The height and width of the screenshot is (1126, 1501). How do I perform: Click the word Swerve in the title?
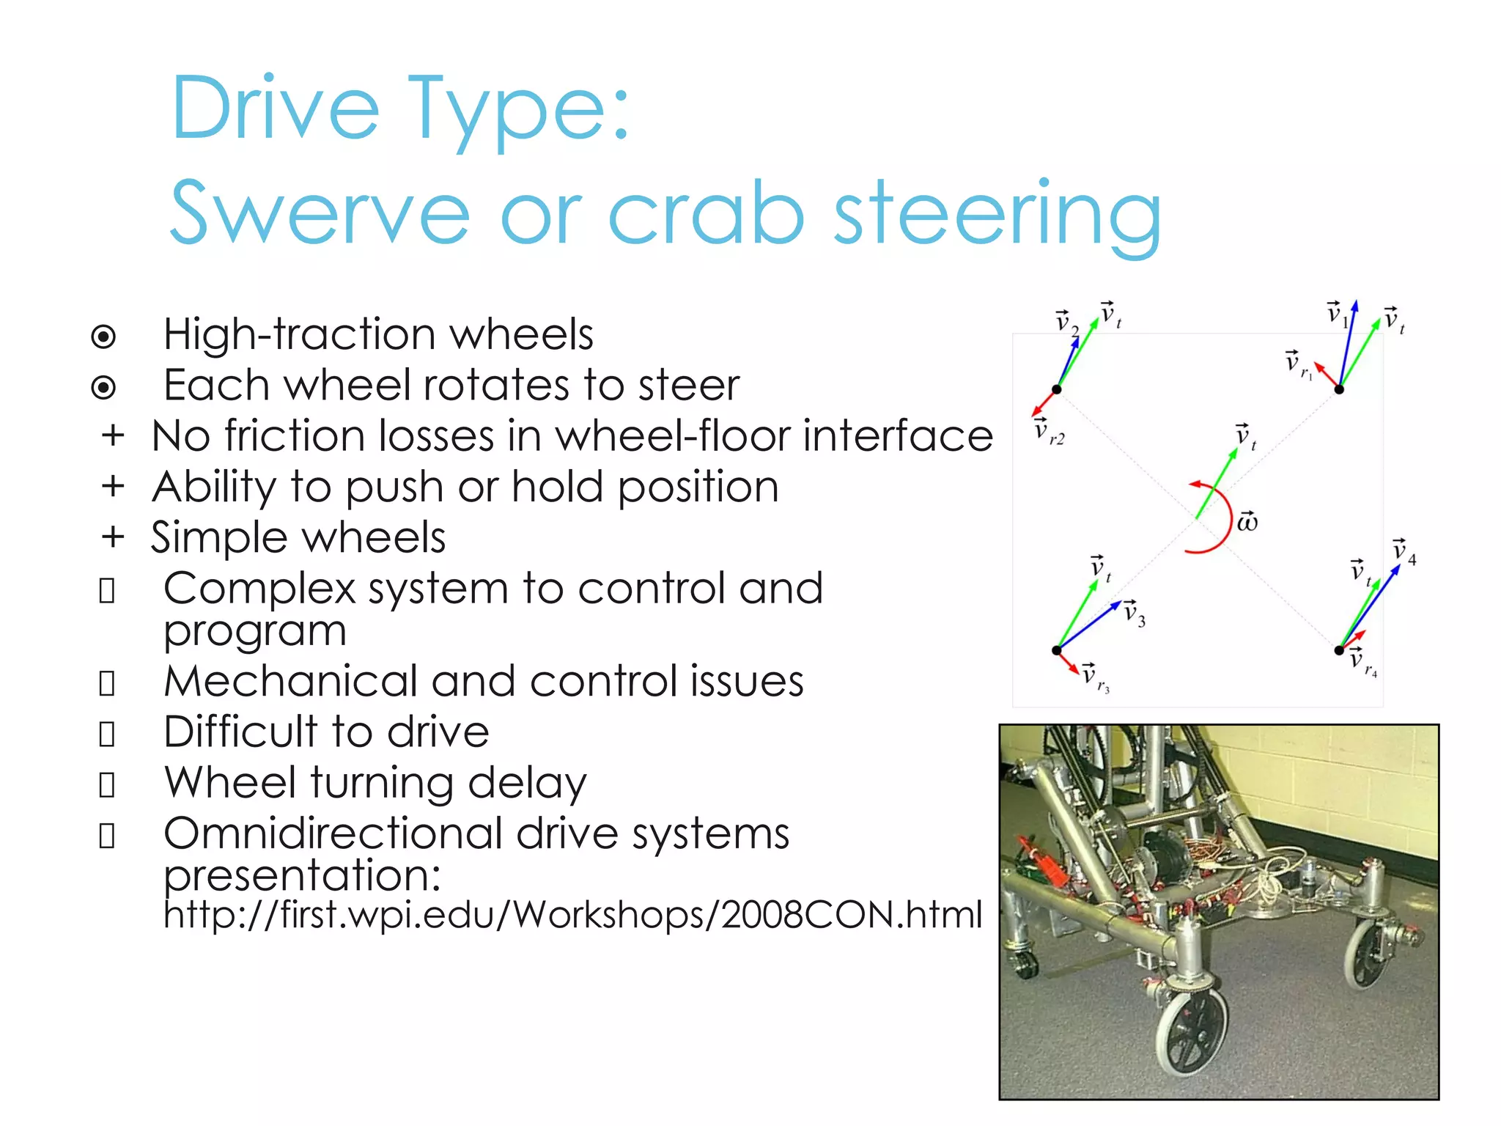coord(320,213)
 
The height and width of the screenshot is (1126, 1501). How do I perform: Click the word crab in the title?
coord(706,213)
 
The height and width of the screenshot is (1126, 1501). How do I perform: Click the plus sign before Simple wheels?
coord(113,537)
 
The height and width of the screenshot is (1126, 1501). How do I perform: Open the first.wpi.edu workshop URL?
coord(572,916)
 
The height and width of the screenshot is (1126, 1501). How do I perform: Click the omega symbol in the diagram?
coord(1247,522)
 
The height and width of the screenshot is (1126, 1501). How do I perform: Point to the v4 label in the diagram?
coord(1404,551)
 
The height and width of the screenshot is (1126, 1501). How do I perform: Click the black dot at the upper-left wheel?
coord(1056,389)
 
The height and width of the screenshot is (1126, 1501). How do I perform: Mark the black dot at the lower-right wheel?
coord(1338,650)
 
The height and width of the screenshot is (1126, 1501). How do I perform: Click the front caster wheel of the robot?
coord(1192,1029)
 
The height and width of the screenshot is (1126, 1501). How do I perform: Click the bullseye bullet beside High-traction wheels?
coord(103,336)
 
